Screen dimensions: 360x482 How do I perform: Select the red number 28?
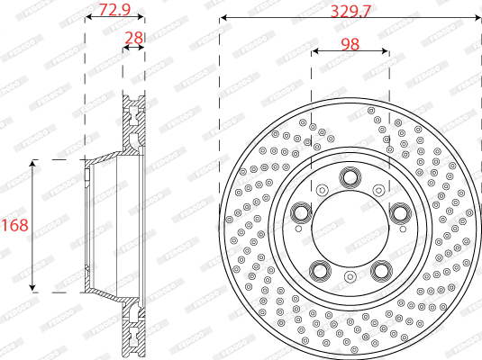pos(134,37)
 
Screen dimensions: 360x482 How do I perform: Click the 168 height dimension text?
pos(13,225)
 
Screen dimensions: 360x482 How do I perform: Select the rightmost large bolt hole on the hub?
pos(400,212)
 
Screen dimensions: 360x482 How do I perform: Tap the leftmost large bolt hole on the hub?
pos(299,212)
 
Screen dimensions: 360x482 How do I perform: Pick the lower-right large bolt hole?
pos(380,271)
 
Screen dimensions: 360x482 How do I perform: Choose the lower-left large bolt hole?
pos(319,271)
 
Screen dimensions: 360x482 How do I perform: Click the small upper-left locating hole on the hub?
pos(321,190)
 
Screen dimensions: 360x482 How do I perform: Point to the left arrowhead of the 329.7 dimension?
pos(223,16)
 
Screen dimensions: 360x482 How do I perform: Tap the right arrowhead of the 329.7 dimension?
pos(477,16)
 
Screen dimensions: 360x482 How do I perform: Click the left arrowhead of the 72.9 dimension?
pos(87,16)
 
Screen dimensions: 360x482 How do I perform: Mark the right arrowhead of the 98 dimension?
pos(386,51)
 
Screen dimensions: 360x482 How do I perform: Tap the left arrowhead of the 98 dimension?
pos(314,51)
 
